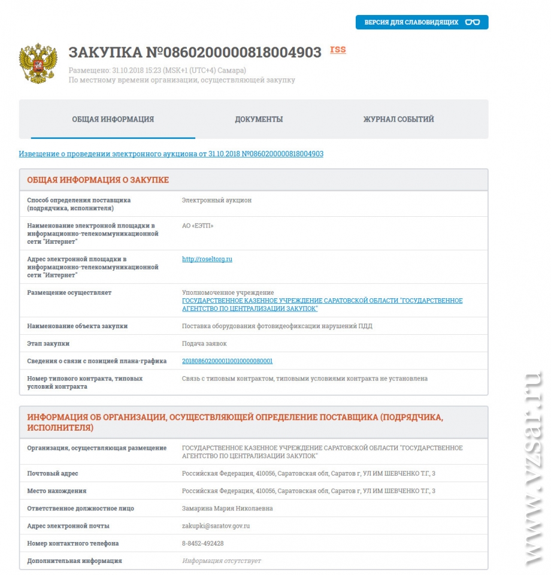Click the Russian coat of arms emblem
[38, 63]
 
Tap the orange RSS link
[338, 50]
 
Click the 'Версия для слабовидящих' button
[422, 22]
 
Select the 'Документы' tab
[259, 119]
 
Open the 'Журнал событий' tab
[398, 119]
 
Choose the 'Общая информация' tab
[113, 119]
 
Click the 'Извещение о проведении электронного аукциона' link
[171, 154]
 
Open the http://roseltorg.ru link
[207, 259]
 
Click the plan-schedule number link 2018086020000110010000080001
[227, 361]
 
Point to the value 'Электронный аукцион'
[217, 200]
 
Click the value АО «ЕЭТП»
[198, 226]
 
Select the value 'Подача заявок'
[204, 344]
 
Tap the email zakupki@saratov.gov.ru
[216, 526]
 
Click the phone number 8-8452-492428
[203, 543]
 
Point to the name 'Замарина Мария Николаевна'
[227, 509]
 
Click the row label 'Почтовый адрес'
[53, 474]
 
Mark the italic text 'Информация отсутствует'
[222, 561]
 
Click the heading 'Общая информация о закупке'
[98, 180]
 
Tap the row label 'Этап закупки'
[48, 344]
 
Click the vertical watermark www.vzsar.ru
[531, 467]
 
